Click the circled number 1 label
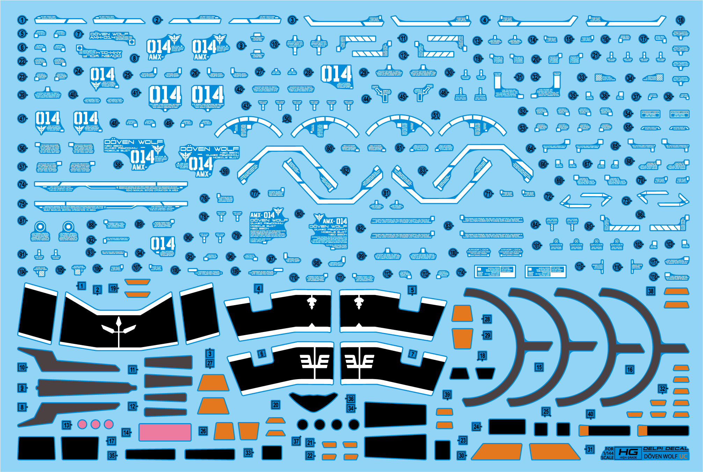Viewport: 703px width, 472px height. [x=22, y=20]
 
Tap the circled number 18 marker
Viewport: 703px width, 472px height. [x=680, y=20]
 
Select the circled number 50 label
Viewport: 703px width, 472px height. [x=287, y=119]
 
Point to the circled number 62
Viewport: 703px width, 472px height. [x=346, y=170]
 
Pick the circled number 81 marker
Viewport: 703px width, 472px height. [x=386, y=193]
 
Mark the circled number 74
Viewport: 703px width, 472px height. [x=22, y=184]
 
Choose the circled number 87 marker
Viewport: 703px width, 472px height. [x=22, y=221]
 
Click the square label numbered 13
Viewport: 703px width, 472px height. [x=66, y=425]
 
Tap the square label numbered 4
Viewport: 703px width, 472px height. [x=258, y=288]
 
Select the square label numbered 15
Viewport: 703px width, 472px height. [x=539, y=367]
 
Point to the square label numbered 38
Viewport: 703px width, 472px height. [x=651, y=291]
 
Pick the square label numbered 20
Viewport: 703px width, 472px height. [x=276, y=405]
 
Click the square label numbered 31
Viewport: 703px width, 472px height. [x=590, y=449]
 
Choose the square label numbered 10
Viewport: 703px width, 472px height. [x=22, y=367]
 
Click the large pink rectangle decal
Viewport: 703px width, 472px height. [x=165, y=432]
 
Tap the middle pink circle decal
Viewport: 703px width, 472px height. [x=95, y=424]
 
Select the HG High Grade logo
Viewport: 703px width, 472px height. [x=628, y=453]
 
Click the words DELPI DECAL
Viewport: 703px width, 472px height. [x=665, y=449]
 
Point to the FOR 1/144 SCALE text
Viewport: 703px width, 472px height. [x=608, y=453]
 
